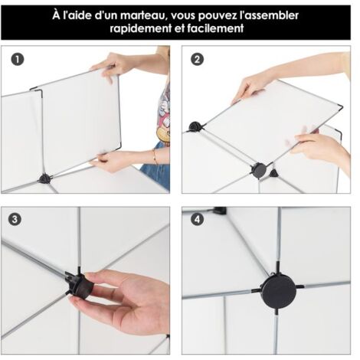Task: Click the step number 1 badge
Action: point(18,60)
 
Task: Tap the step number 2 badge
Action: point(198,60)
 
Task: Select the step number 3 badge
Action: point(15,220)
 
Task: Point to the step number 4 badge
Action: point(198,220)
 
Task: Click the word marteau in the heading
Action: point(144,16)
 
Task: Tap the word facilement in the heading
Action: point(216,28)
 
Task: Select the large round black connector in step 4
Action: point(279,291)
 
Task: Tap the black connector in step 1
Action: point(44,178)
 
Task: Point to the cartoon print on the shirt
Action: point(164,115)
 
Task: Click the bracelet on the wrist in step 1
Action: point(155,156)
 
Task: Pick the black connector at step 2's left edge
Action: point(195,127)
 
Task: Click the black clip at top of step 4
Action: point(220,211)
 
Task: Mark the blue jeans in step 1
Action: point(156,169)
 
